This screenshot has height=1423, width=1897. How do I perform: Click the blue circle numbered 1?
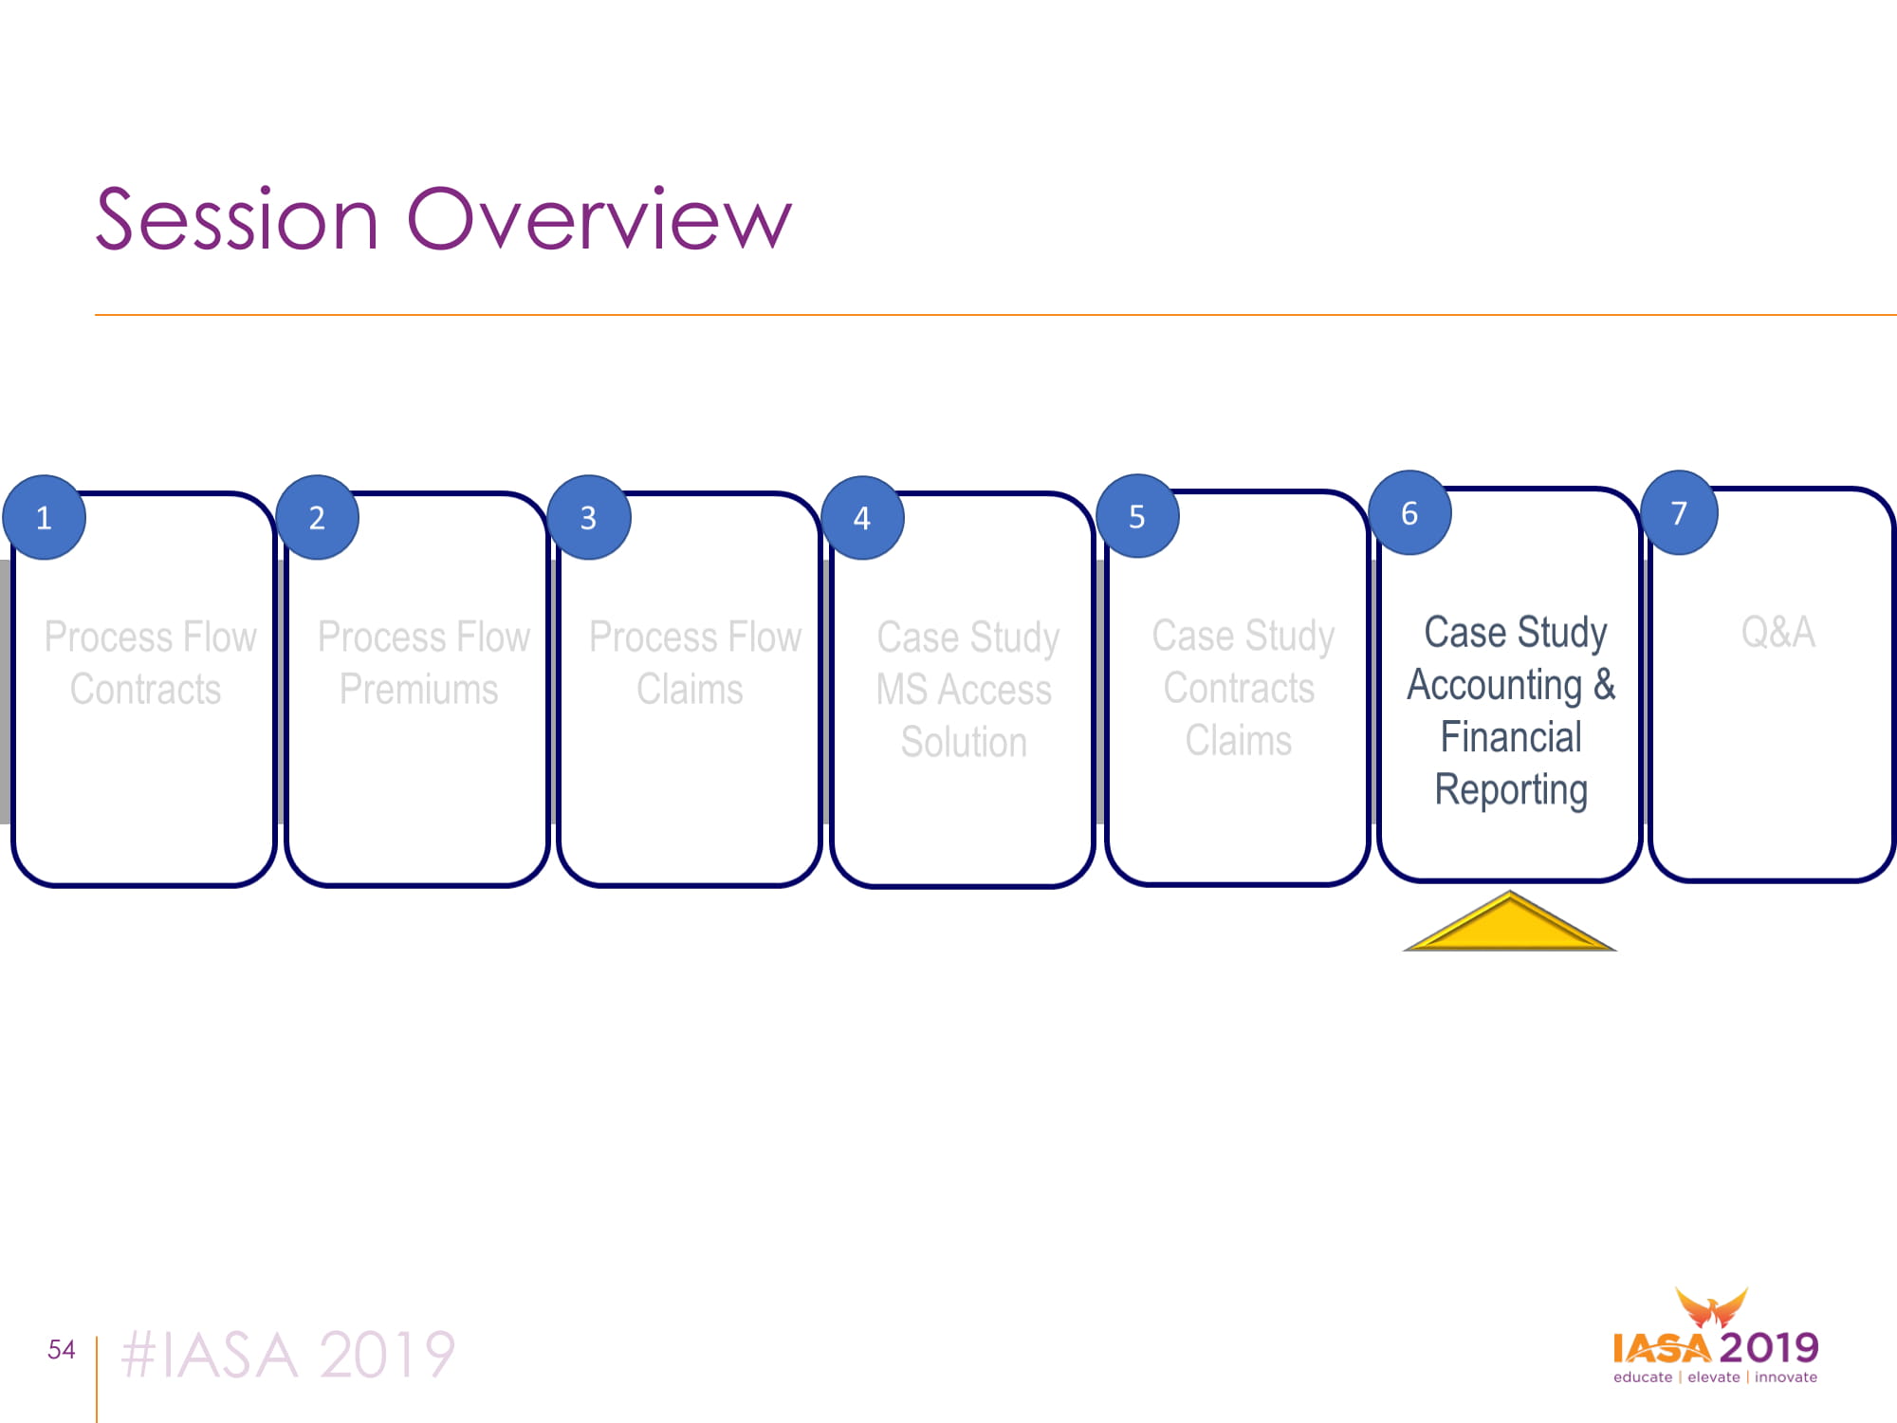point(44,517)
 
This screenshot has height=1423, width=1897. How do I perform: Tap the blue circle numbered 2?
point(317,517)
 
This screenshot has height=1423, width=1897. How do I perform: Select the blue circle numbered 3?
point(589,517)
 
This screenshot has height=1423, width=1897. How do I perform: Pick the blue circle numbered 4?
point(862,517)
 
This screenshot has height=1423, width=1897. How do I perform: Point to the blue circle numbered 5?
point(1137,515)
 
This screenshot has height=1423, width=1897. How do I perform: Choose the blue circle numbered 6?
point(1409,512)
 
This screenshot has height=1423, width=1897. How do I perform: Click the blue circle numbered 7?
point(1679,512)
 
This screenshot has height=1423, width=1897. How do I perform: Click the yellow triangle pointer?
point(1510,921)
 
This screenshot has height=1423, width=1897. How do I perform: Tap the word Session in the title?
point(237,219)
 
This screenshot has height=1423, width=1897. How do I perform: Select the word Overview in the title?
point(599,219)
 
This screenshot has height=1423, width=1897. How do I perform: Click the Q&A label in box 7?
point(1778,632)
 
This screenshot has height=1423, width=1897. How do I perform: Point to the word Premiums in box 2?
point(418,690)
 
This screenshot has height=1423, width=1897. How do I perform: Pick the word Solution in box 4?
point(964,742)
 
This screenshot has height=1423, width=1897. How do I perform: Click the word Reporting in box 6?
point(1511,789)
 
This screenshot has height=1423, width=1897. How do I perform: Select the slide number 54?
point(62,1349)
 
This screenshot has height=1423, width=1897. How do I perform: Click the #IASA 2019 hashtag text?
point(288,1354)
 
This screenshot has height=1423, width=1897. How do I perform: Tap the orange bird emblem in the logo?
point(1711,1307)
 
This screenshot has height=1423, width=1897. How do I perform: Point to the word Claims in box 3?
point(690,690)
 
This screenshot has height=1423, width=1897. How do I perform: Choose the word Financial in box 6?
point(1511,737)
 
